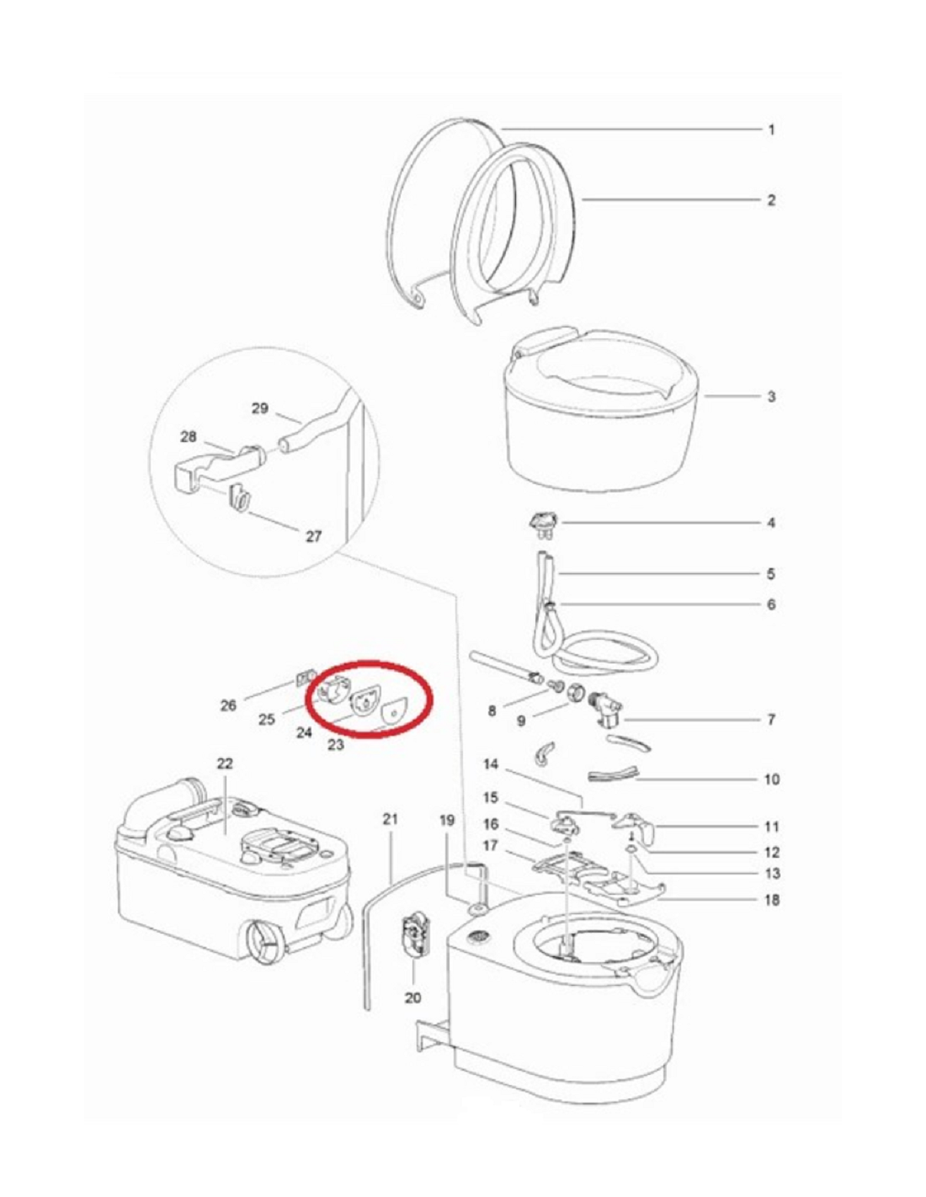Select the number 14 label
click(x=492, y=764)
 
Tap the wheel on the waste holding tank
click(x=261, y=945)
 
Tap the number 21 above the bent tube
click(x=390, y=820)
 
